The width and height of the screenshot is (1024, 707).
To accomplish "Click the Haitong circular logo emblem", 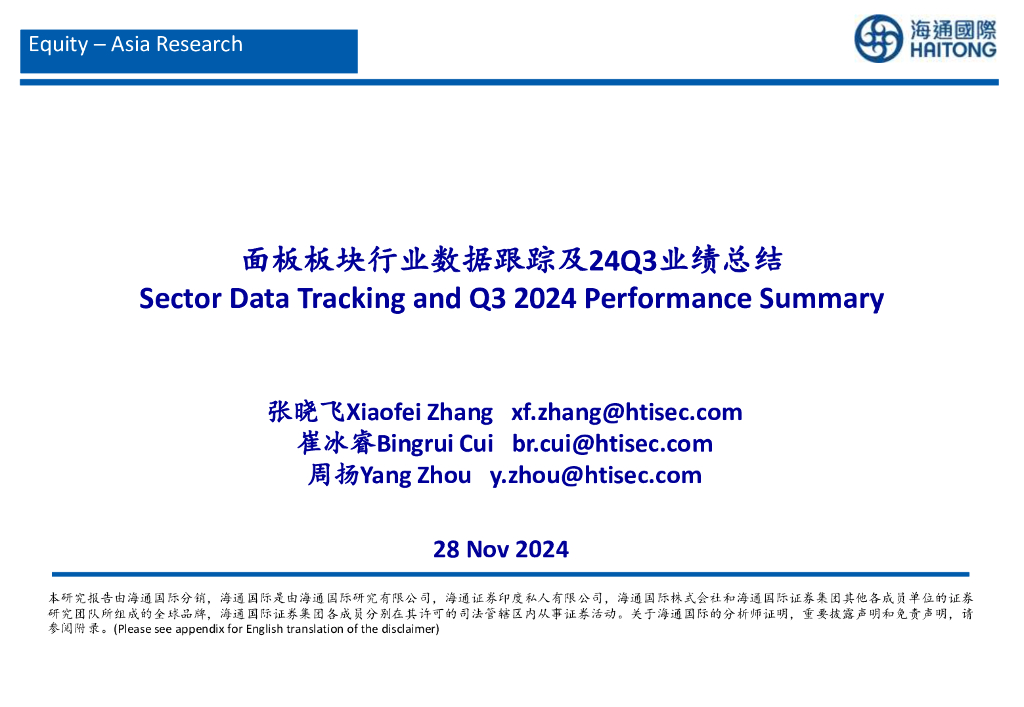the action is pos(879,39).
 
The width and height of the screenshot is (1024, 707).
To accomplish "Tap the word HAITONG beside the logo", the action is pos(953,50).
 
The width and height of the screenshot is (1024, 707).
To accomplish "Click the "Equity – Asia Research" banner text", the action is pos(136,44).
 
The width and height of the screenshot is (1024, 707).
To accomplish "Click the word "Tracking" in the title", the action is pos(351,298).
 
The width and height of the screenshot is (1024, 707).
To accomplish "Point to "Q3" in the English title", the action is pos(487,299).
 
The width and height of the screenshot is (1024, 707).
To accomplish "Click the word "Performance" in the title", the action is pos(667,298).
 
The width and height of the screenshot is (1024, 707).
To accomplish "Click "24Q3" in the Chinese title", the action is pos(622,260).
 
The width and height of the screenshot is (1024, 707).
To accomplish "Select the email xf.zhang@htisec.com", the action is pos(627,412).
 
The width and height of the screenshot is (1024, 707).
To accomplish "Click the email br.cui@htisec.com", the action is pos(613,443).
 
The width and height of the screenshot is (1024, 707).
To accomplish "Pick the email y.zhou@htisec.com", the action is pos(596,475).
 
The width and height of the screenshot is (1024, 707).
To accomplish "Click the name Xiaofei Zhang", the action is pos(419,412).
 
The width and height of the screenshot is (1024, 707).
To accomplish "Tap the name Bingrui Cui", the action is pos(435,443).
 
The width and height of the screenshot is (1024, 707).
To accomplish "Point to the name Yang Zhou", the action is pos(415,475).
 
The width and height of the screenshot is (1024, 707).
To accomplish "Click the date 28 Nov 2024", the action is pos(501,549).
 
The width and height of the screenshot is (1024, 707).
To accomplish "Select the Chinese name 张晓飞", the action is pos(306,411).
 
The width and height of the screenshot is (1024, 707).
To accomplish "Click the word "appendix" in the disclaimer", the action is pos(199,629).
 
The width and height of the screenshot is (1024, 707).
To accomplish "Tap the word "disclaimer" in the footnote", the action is pos(411,629).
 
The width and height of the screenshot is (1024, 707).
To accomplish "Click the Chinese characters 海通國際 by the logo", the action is pos(953,30).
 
